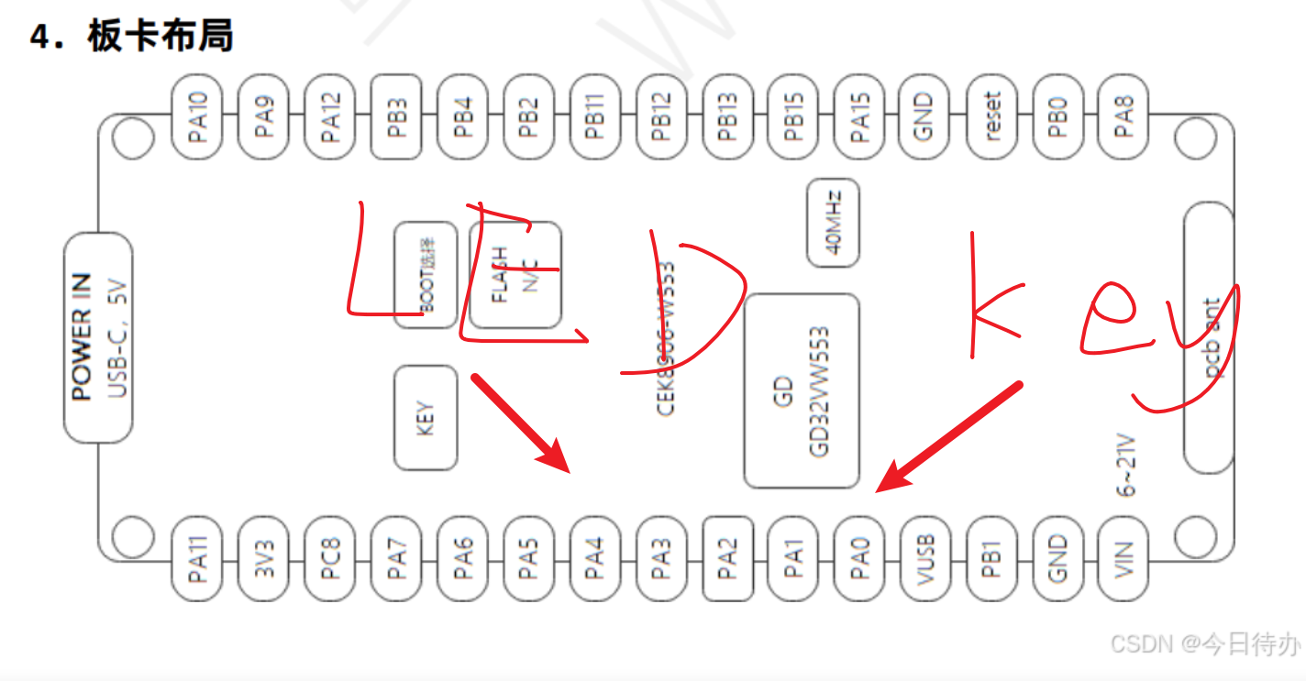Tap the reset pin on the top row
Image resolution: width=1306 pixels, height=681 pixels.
(991, 115)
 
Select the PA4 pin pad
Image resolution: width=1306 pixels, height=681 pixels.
(595, 558)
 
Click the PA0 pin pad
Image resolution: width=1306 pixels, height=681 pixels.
(859, 558)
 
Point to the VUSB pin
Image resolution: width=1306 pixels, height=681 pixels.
(925, 558)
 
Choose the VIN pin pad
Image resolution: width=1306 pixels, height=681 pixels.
(1123, 558)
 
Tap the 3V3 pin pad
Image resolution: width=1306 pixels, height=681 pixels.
(264, 558)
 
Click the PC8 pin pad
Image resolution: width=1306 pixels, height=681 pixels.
(330, 558)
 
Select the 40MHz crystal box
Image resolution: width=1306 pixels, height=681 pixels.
(833, 223)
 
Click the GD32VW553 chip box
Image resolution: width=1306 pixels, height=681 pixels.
(802, 391)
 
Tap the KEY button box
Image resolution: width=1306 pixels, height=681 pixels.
(426, 418)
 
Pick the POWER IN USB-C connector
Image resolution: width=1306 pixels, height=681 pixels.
(98, 337)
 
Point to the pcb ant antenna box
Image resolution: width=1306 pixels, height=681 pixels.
(1208, 337)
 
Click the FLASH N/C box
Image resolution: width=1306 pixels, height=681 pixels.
(515, 275)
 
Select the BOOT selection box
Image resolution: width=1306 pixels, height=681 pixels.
(426, 275)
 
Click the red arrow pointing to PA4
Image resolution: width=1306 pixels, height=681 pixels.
(521, 423)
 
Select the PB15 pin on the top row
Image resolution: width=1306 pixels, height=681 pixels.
(793, 115)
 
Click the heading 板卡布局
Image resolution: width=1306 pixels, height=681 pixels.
(160, 37)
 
